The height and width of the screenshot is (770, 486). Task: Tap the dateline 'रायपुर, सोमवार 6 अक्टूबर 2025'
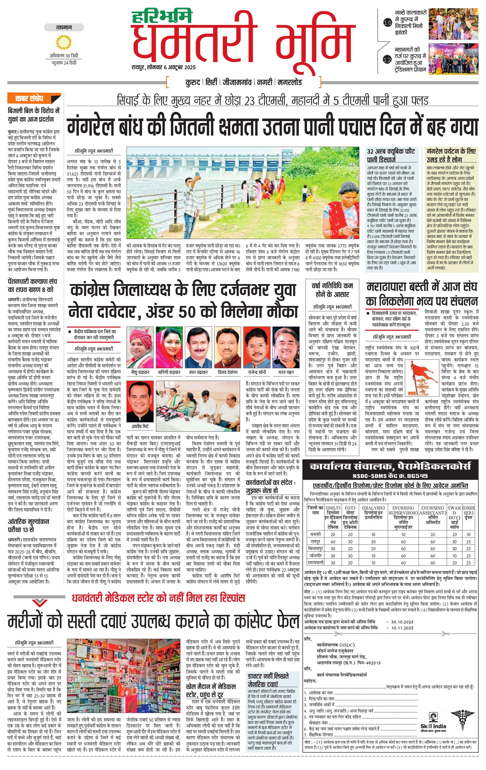click(x=163, y=68)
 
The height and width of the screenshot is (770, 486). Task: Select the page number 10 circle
click(x=387, y=23)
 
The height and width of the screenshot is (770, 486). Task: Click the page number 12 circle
click(x=387, y=60)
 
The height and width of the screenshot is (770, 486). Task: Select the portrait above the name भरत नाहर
click(x=286, y=348)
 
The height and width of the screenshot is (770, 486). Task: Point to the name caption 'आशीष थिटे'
click(x=140, y=427)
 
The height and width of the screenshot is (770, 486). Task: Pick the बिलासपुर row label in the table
click(x=315, y=549)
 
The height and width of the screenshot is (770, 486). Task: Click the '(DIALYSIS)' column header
click(x=373, y=508)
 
